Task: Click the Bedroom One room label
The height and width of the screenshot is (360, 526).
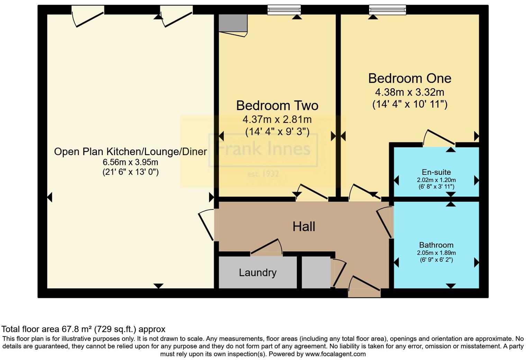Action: (410, 79)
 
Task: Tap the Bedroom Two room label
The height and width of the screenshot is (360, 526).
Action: (277, 106)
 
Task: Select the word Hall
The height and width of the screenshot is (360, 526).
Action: (304, 227)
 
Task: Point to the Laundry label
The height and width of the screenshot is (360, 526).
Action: (257, 273)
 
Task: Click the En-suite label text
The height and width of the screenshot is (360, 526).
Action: (436, 172)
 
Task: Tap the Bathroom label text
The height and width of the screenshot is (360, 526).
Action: (436, 245)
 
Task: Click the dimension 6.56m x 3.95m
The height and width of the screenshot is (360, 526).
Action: (130, 162)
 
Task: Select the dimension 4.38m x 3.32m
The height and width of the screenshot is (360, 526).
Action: (410, 92)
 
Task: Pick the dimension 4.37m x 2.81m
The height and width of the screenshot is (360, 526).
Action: (277, 119)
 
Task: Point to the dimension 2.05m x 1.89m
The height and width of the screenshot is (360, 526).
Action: (436, 253)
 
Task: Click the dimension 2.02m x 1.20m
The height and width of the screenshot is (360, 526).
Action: (436, 180)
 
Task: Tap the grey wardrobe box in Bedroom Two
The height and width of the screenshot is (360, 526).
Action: (233, 23)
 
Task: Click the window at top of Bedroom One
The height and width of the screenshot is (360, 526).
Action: (388, 10)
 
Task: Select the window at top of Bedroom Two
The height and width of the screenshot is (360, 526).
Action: (284, 10)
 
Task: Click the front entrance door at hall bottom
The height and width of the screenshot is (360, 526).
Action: (364, 287)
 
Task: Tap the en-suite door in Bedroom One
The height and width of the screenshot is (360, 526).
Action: (439, 137)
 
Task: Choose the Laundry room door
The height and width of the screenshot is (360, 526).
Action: (266, 247)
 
